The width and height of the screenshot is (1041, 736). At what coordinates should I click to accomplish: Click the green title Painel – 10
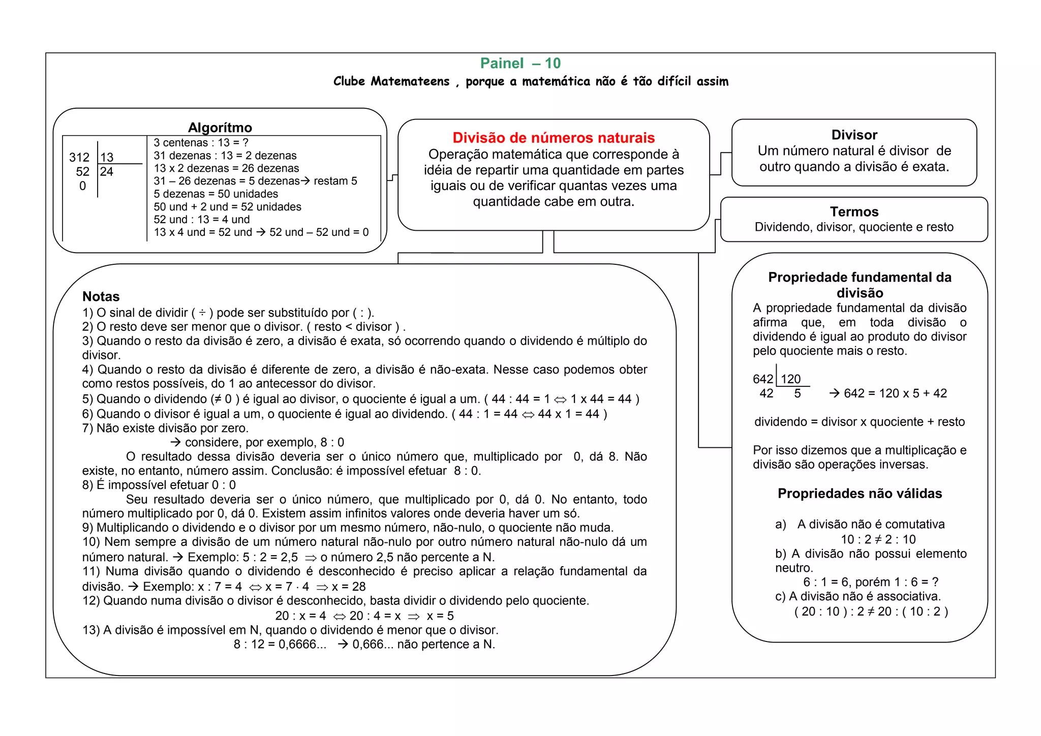pos(520,63)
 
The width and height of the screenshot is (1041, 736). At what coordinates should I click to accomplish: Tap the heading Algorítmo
pos(220,127)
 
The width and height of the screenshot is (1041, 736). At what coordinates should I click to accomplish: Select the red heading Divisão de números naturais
pos(554,138)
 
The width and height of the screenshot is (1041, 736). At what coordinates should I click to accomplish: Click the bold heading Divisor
pos(854,135)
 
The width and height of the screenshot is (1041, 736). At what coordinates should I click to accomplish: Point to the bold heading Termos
pos(854,211)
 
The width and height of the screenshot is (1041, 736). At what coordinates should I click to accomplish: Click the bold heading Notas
pos(101,296)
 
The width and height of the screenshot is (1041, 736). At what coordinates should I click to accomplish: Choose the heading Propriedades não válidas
pos(860,493)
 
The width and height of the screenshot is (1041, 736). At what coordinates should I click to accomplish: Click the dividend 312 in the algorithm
pos(79,158)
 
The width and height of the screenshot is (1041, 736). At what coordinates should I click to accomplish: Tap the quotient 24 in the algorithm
pos(107,172)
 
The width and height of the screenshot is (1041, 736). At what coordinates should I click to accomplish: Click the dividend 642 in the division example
pos(762,379)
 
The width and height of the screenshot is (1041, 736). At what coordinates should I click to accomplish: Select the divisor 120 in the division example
pos(790,379)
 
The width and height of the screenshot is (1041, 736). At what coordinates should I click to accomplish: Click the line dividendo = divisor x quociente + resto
pos(860,422)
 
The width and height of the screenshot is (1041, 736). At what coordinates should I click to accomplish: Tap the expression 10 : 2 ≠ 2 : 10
pos(878,539)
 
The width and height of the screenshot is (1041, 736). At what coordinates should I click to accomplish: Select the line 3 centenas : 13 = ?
pos(201,143)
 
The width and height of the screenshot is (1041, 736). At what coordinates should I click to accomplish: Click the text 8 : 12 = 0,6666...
pos(280,645)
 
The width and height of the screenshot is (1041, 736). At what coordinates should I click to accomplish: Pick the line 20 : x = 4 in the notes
pos(300,616)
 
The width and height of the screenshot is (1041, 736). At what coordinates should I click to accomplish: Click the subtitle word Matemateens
pos(410,81)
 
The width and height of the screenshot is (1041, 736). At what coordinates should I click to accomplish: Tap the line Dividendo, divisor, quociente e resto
pos(854,227)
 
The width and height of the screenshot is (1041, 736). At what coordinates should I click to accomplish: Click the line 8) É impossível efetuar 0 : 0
pos(159,485)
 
